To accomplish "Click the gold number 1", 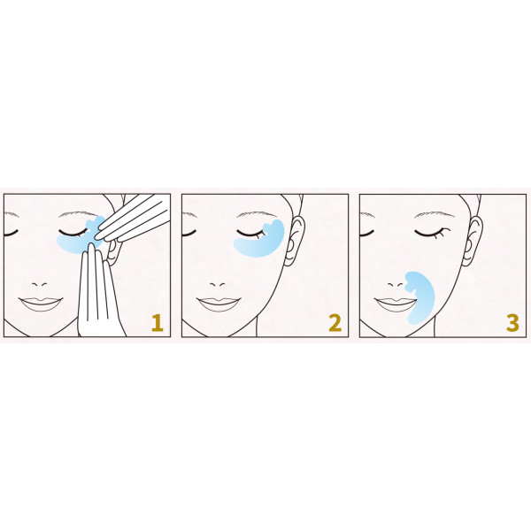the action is point(158,323).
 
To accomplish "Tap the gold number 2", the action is point(335,323).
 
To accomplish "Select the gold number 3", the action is point(512,323).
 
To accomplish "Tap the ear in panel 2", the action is point(294,241).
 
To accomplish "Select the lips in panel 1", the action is point(41,304).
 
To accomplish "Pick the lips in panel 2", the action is point(219,304).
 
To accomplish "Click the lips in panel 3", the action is point(396,304).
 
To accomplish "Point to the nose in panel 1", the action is point(39,284).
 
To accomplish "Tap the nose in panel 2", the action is point(217,284).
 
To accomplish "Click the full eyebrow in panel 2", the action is point(257,214).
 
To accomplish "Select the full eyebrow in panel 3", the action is point(435,214).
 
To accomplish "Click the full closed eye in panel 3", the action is point(432,233).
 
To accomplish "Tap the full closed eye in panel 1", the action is point(72,233).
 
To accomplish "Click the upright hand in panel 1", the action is point(98,291).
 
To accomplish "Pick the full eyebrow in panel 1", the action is point(79,214).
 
